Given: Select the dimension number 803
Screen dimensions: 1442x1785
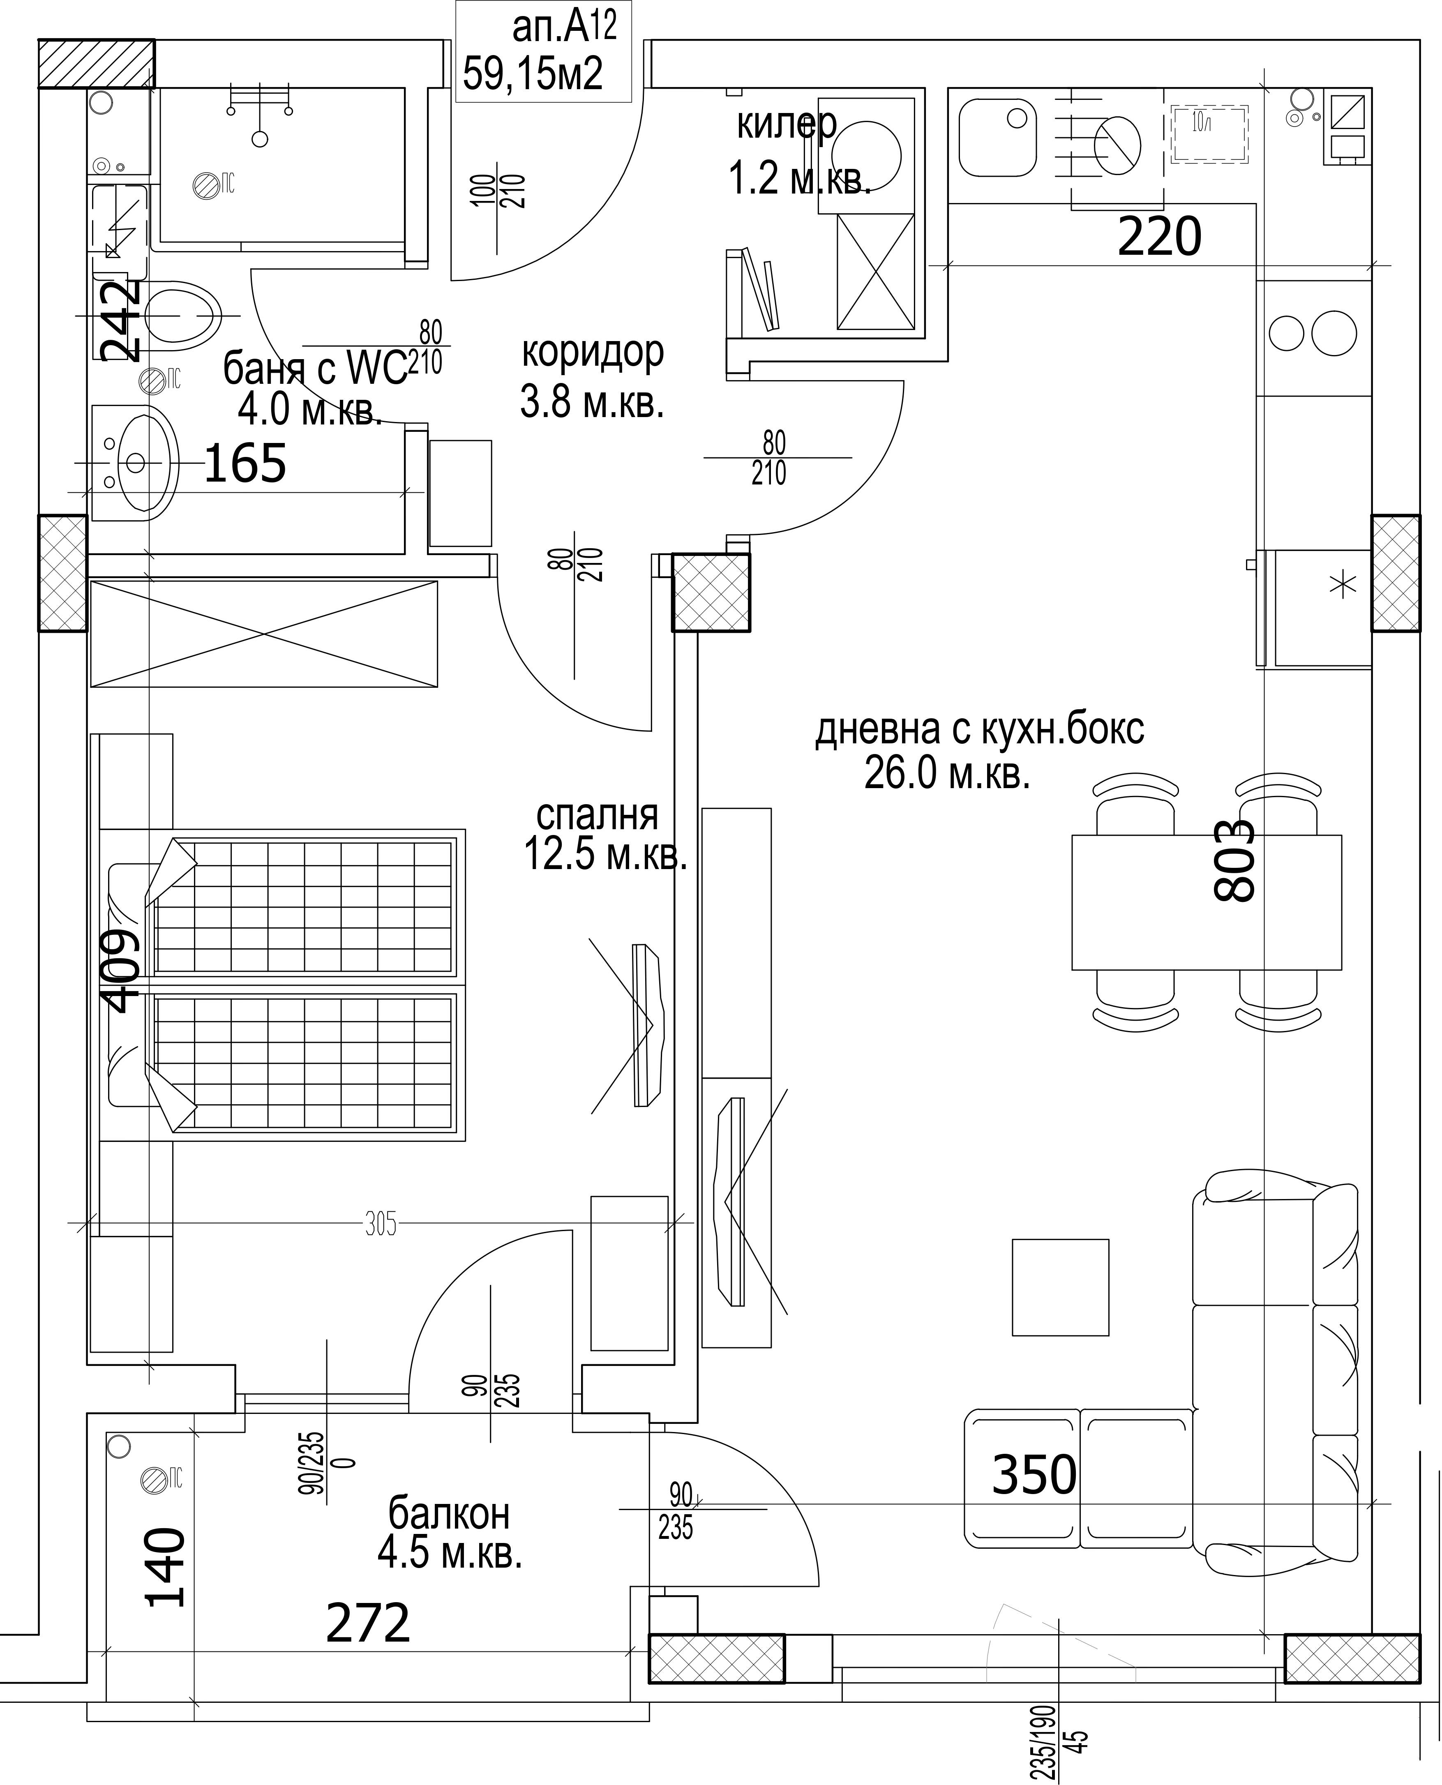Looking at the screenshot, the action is (x=1234, y=861).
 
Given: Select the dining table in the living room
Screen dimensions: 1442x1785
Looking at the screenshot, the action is (x=1206, y=902).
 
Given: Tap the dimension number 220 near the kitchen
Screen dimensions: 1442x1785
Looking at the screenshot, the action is (x=1160, y=237).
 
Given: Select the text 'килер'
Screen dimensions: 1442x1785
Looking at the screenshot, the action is (x=787, y=125).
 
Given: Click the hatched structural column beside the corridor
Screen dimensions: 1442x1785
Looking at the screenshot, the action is (x=711, y=592).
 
